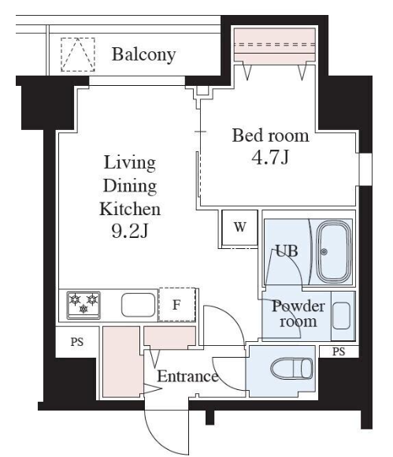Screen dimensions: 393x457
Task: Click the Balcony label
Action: click(x=143, y=54)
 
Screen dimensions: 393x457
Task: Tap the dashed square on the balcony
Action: click(x=78, y=54)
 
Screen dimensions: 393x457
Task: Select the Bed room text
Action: click(x=270, y=136)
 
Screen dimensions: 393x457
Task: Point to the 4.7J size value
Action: click(x=270, y=158)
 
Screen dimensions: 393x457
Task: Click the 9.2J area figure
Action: click(x=130, y=232)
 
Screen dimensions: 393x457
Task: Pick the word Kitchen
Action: click(x=130, y=209)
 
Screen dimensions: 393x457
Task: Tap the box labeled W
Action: click(x=239, y=228)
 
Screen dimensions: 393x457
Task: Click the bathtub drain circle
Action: click(x=324, y=252)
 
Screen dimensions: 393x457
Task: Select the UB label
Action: click(x=287, y=251)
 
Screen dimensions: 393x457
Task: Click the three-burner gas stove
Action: click(x=83, y=305)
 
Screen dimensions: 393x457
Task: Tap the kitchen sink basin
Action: click(x=139, y=305)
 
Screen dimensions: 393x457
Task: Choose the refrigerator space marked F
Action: click(x=176, y=305)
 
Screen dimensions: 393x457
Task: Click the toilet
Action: click(x=291, y=369)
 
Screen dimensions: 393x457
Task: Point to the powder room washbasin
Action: click(x=341, y=316)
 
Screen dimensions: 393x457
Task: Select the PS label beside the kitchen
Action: click(x=77, y=342)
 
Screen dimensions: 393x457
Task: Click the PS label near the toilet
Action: click(x=339, y=351)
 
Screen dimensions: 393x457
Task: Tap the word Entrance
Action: click(x=187, y=377)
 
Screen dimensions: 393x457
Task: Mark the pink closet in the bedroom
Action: click(x=275, y=45)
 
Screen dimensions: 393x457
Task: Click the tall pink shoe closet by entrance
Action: click(x=121, y=362)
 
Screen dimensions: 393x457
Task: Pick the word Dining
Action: click(x=130, y=186)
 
